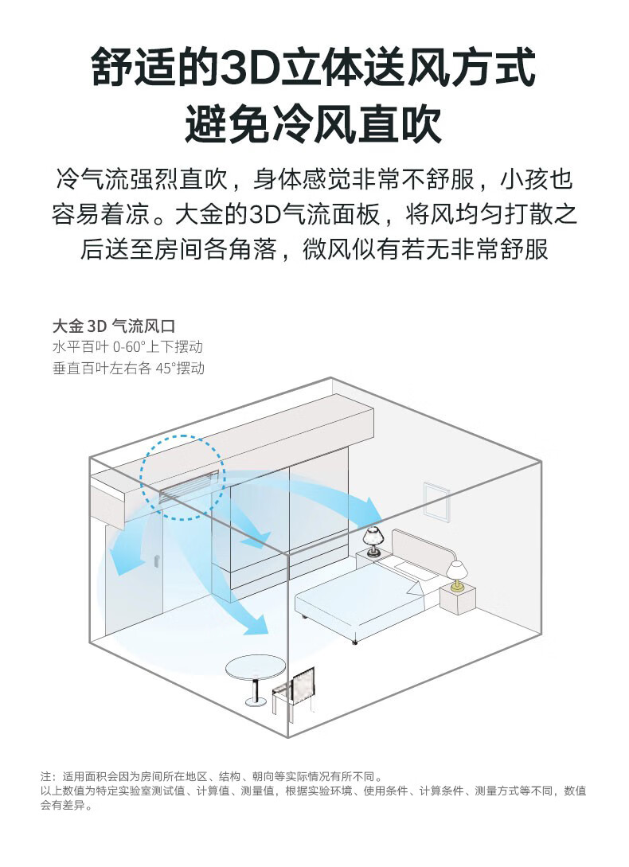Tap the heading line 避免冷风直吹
(x=314, y=124)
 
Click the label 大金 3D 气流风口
(x=114, y=326)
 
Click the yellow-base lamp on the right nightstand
(x=457, y=576)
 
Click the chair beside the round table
(x=294, y=691)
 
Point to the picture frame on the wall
(x=436, y=501)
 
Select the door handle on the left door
(x=157, y=561)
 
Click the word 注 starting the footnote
(x=45, y=776)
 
